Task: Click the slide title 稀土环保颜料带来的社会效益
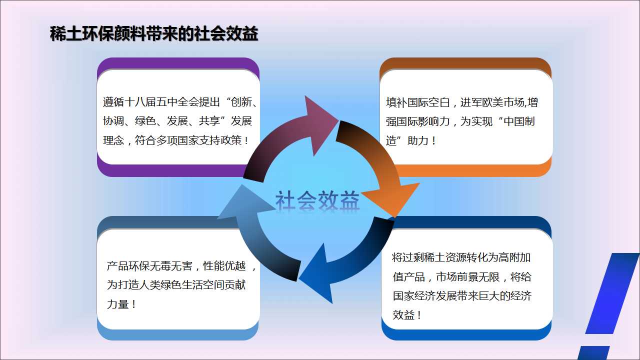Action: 154,33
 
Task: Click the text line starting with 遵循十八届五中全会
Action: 180,102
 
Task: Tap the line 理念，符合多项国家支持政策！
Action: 175,140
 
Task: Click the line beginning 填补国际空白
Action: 461,102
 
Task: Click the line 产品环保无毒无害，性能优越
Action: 181,265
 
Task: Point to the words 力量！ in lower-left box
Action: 121,304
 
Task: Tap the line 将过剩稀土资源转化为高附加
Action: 461,257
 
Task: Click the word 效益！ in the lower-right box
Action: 407,315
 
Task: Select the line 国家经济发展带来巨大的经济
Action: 462,295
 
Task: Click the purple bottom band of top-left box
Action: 171,171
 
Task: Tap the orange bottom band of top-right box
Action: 471,171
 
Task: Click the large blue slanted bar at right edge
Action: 611,293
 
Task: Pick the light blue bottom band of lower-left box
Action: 177,334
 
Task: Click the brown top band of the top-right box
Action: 465,64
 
